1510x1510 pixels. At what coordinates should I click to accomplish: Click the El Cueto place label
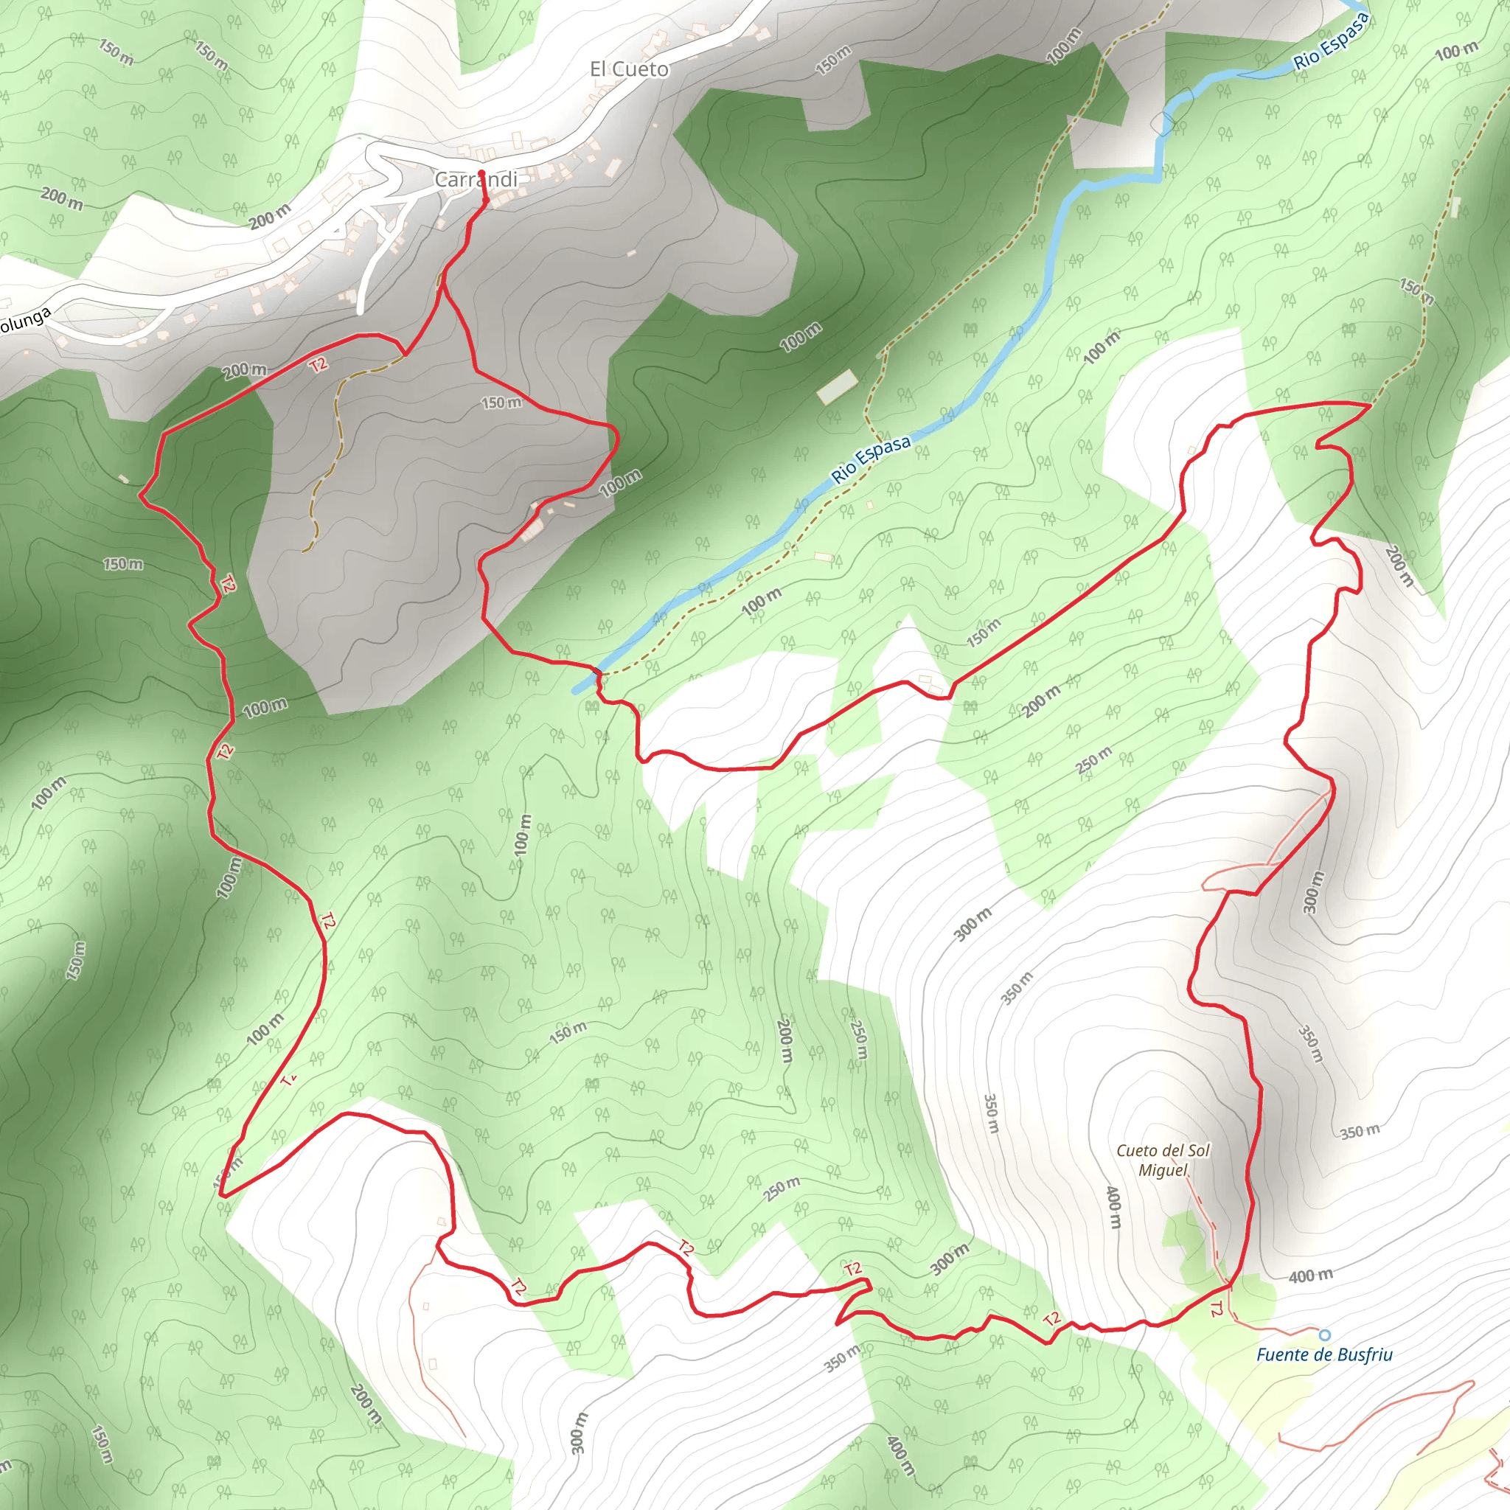(x=629, y=69)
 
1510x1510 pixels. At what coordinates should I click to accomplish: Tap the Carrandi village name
(x=476, y=180)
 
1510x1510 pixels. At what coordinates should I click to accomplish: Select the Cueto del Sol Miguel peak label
(x=1163, y=1160)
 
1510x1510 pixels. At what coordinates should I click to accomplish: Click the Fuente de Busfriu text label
(x=1324, y=1354)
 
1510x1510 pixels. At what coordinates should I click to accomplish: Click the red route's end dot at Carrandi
(x=481, y=173)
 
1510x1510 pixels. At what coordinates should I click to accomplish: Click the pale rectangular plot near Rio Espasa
(x=837, y=387)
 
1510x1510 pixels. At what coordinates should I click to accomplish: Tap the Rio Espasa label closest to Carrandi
(x=871, y=459)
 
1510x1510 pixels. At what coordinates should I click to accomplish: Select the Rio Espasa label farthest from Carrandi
(x=1330, y=43)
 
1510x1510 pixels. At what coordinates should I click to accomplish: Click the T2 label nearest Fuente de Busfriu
(x=1215, y=1309)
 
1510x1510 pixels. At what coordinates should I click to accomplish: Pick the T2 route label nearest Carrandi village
(x=318, y=364)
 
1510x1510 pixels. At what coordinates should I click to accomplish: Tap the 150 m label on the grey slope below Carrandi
(x=501, y=403)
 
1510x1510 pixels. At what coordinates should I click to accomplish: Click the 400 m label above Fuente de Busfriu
(x=1311, y=1276)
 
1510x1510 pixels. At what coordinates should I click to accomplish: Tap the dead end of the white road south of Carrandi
(x=361, y=311)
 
